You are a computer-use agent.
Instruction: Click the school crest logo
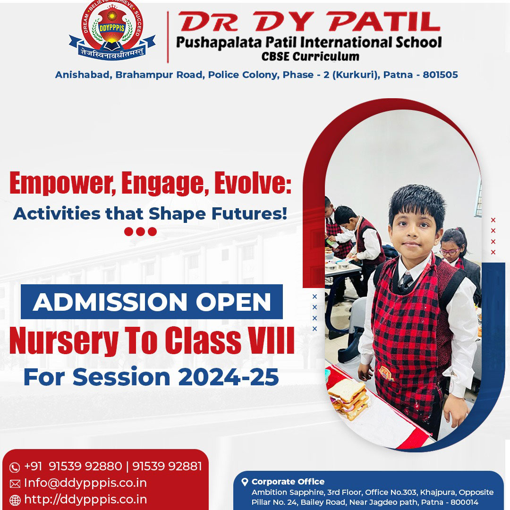112,30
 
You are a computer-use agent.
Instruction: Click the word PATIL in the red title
384,21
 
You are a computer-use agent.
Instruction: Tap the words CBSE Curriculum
310,56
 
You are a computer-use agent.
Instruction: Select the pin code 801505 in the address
440,75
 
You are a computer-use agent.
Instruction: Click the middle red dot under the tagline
141,231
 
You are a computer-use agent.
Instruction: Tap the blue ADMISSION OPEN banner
152,301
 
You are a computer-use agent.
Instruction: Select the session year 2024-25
229,377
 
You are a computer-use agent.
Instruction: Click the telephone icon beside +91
15,467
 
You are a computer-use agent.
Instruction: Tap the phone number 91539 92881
167,466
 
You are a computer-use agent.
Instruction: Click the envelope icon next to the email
15,484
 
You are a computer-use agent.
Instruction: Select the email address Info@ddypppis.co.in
85,483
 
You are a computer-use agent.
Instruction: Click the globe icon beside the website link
15,500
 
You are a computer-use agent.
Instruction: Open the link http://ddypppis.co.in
85,500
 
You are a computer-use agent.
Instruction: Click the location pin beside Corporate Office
245,482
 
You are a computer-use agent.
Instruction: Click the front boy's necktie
406,281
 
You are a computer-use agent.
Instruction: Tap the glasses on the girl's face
449,251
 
